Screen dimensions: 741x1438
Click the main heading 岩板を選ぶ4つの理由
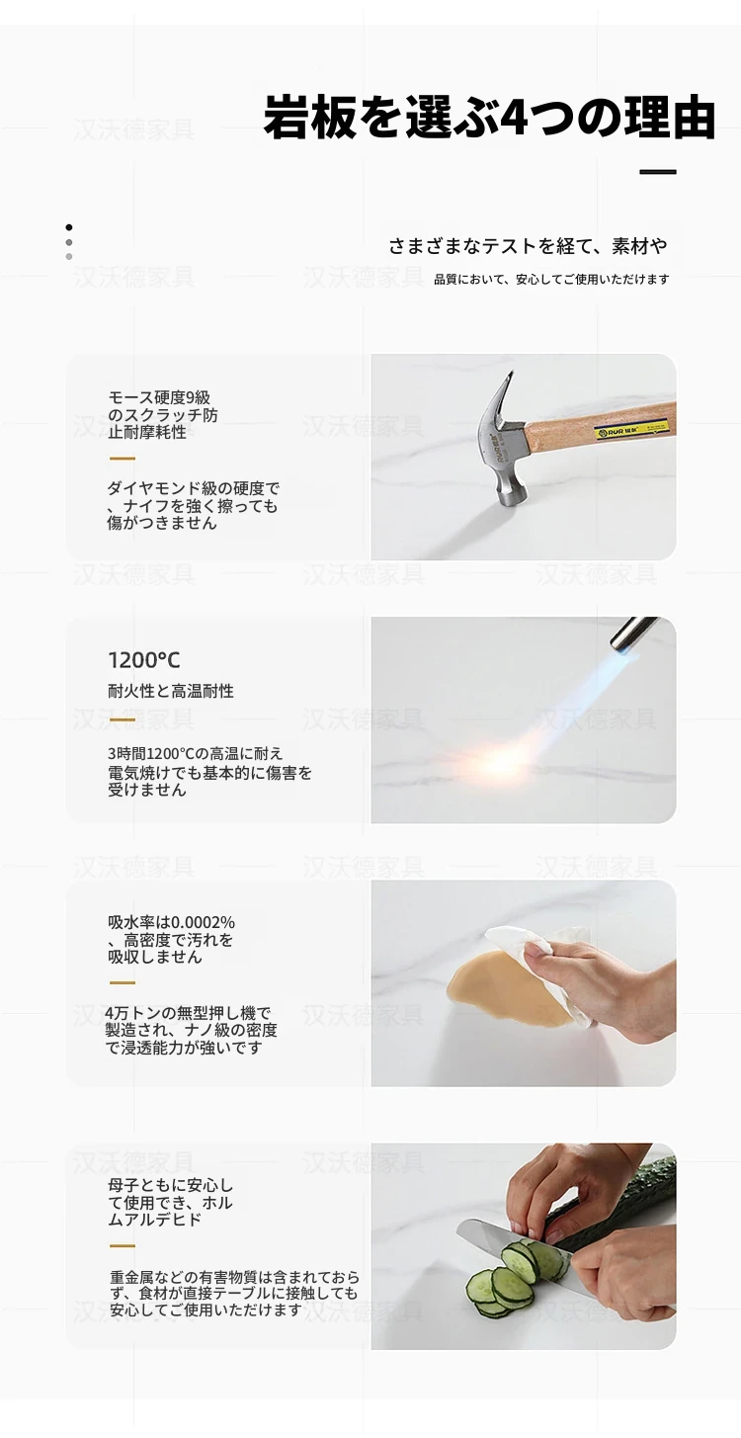point(489,118)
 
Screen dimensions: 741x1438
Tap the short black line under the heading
point(658,172)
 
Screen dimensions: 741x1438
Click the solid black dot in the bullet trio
point(68,227)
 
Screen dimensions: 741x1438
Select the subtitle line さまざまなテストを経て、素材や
point(528,246)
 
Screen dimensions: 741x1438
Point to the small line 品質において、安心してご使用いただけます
point(551,280)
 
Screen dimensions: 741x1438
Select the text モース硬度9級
point(159,398)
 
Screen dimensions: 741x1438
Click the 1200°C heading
point(143,660)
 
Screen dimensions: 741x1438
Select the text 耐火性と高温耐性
point(171,692)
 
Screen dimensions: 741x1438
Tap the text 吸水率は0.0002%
point(171,922)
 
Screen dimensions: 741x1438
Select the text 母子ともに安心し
point(171,1185)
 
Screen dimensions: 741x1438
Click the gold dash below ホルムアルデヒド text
point(122,1245)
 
